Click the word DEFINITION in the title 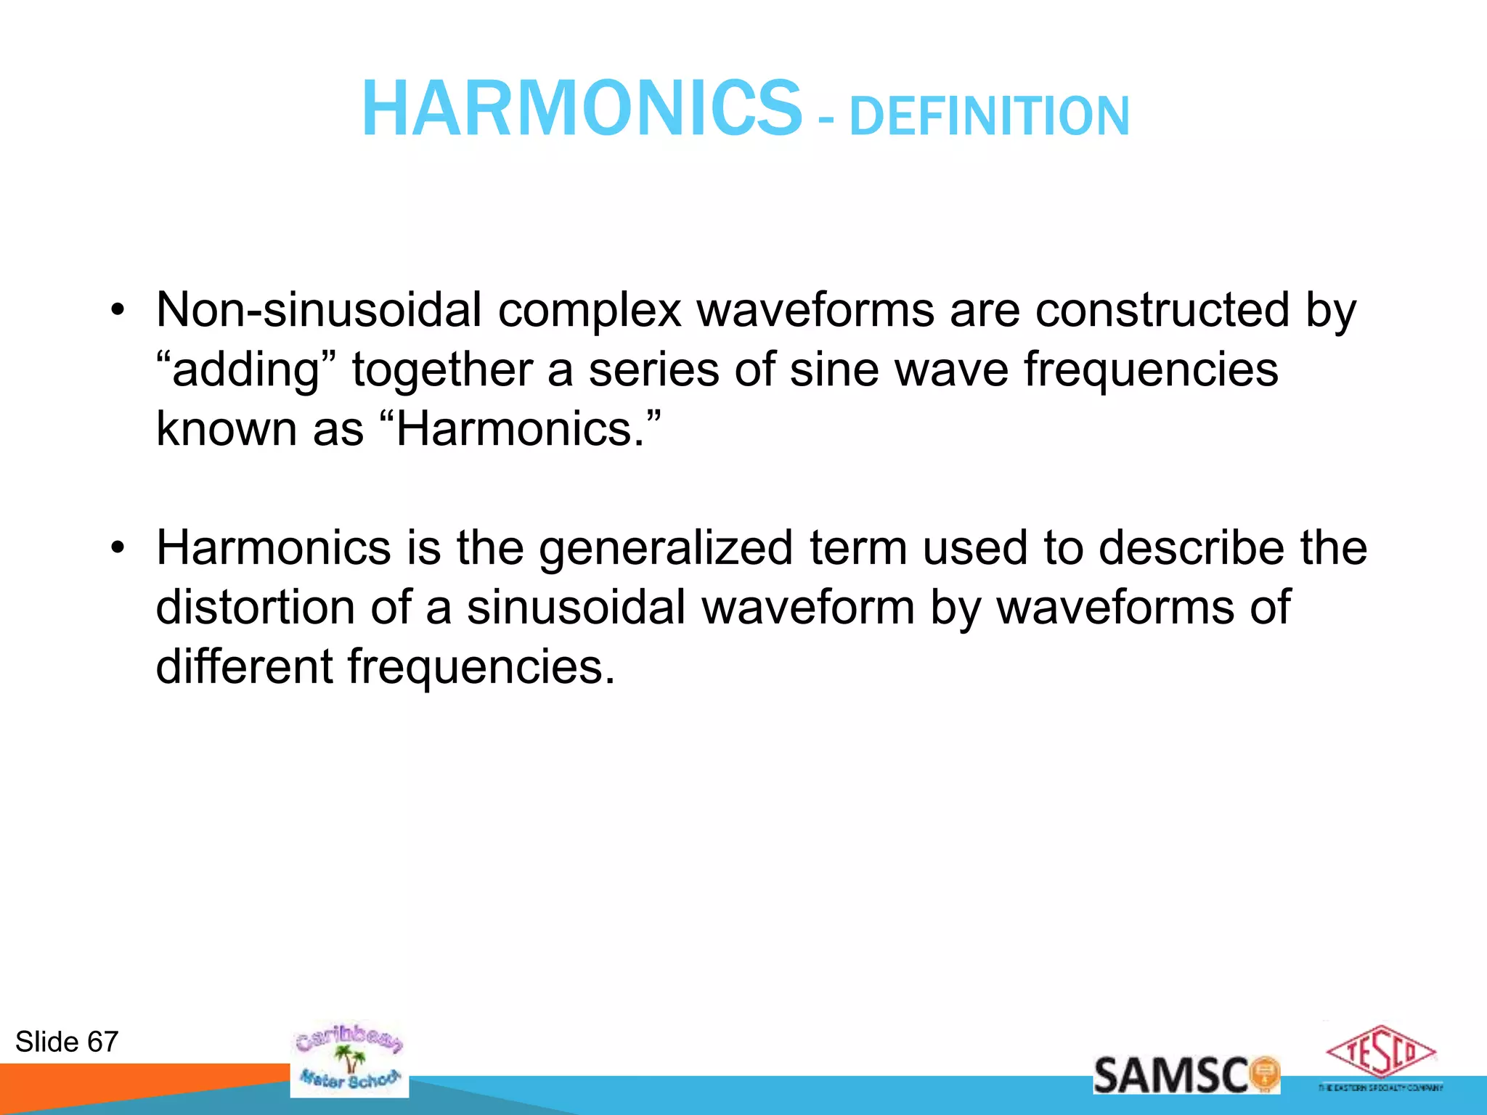pos(989,116)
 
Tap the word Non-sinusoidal pos(318,310)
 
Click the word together pos(442,369)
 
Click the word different pos(244,666)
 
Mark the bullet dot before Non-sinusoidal pos(118,311)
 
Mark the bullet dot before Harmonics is pos(118,549)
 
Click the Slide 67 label pos(67,1042)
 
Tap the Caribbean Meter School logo pos(349,1060)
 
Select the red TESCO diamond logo pos(1380,1052)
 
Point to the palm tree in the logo pos(352,1059)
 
